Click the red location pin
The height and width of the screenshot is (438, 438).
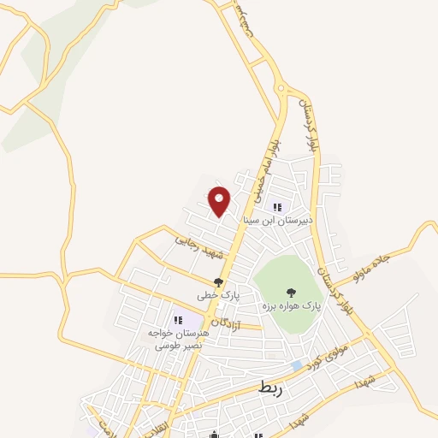pyautogui.click(x=220, y=201)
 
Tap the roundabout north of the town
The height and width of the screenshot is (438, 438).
pyautogui.click(x=280, y=89)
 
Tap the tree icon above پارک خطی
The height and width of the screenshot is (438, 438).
pyautogui.click(x=218, y=282)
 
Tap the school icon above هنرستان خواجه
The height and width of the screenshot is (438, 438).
pyautogui.click(x=177, y=320)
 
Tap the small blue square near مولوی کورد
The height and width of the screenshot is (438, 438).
pyautogui.click(x=296, y=365)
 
